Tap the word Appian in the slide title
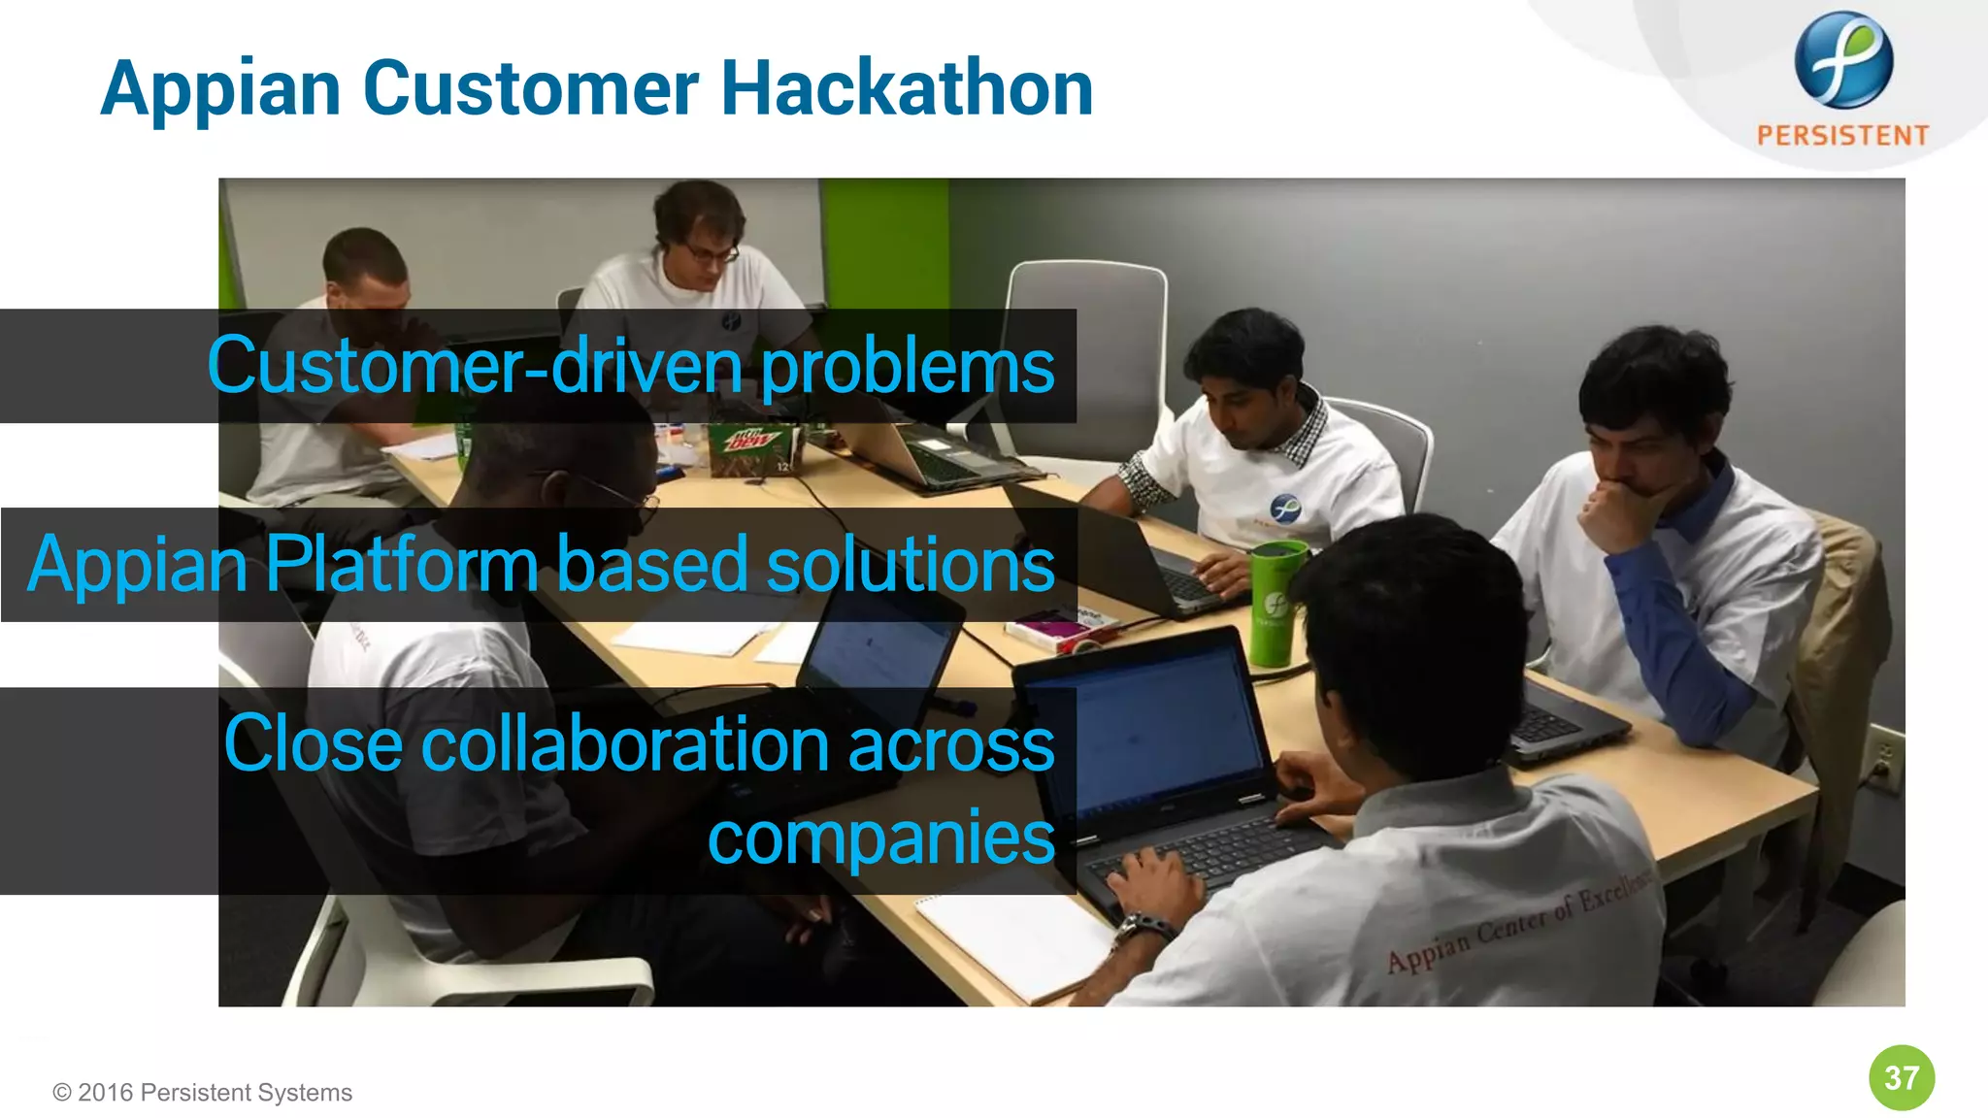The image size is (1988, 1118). tap(220, 89)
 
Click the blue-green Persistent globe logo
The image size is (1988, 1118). tap(1842, 60)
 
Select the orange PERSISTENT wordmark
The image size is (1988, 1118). tap(1842, 135)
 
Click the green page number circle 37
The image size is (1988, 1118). tap(1901, 1077)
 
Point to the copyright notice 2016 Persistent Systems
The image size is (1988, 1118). tap(203, 1093)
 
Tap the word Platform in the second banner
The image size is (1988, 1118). tap(401, 564)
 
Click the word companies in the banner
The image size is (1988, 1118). tap(880, 837)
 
